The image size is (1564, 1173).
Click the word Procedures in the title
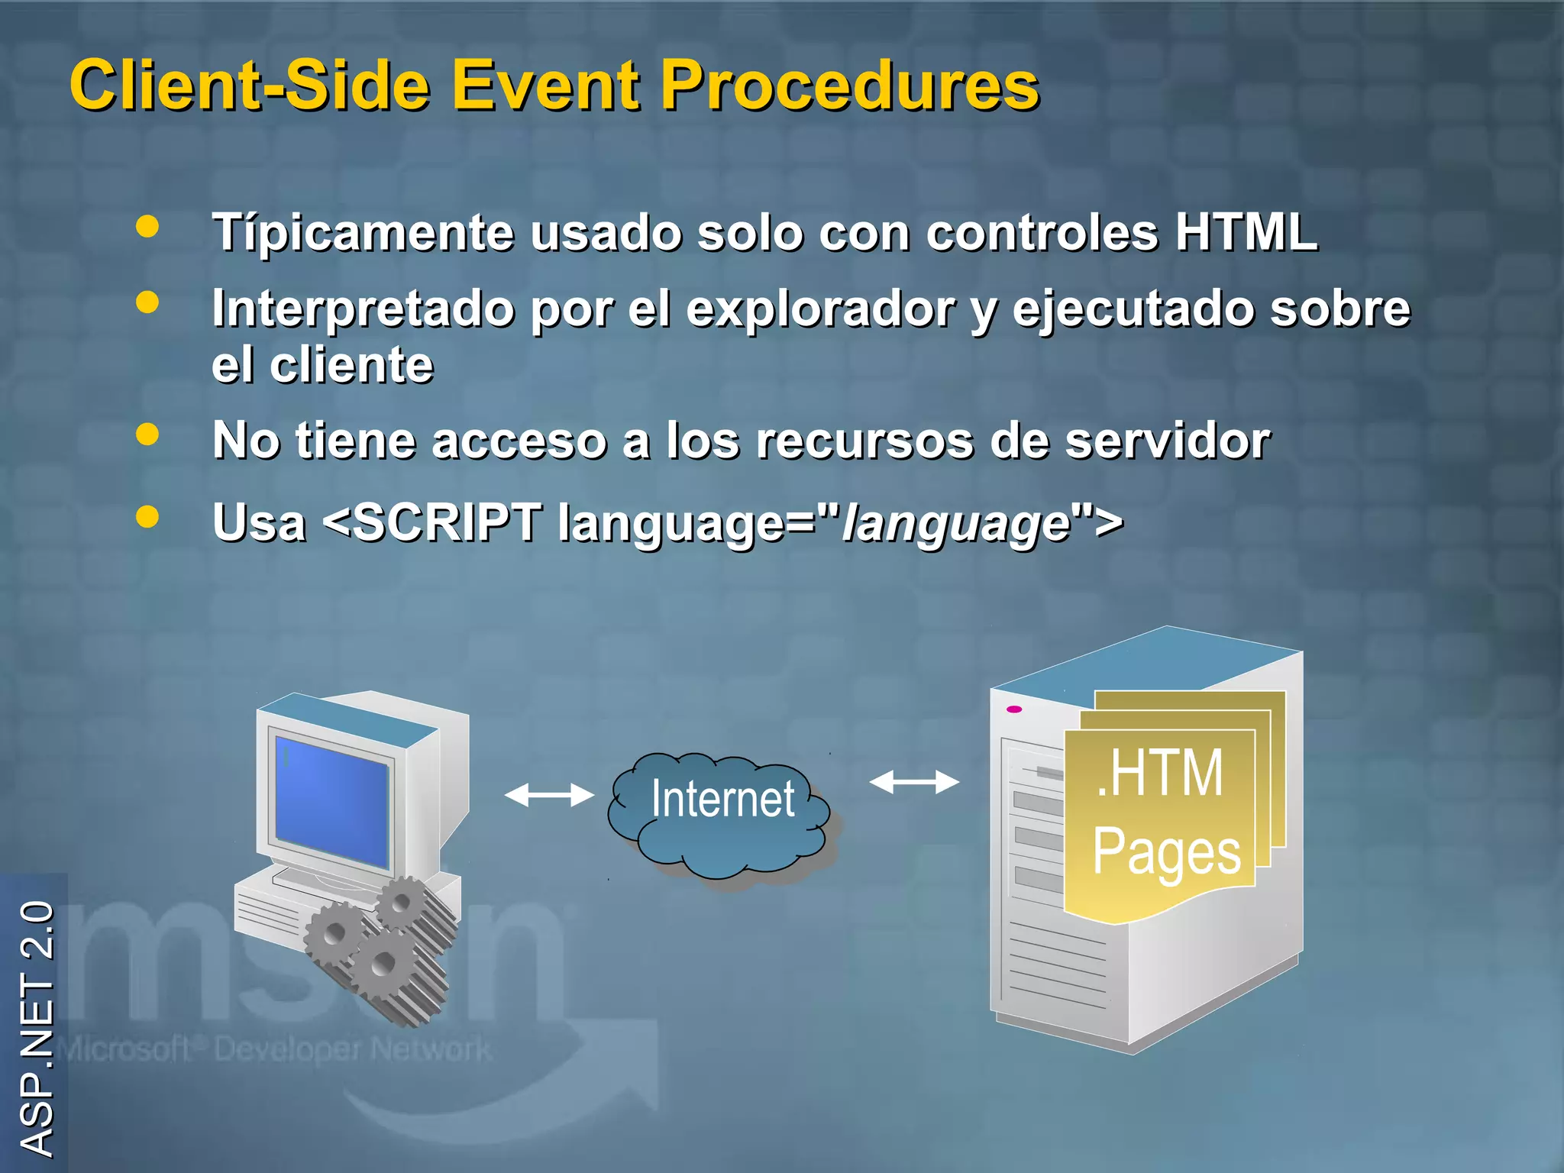tap(849, 86)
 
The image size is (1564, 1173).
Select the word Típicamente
tap(364, 232)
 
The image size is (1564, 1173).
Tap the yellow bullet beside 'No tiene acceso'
tap(147, 435)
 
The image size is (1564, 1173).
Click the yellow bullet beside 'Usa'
tap(147, 517)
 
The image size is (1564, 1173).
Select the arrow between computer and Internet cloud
tap(549, 796)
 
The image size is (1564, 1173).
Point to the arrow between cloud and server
tap(914, 781)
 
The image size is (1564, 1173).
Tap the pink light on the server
tap(1014, 709)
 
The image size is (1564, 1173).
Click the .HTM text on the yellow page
tap(1159, 774)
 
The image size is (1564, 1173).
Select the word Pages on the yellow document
tap(1166, 851)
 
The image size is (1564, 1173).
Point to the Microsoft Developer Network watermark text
tap(275, 1050)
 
